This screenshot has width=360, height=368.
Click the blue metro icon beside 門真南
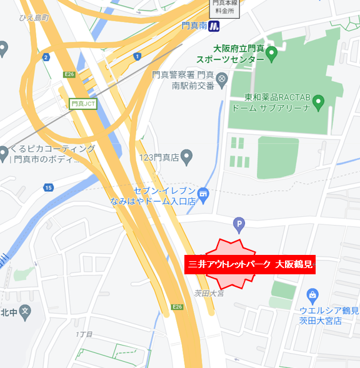(215, 26)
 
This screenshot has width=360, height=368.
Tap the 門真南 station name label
(194, 26)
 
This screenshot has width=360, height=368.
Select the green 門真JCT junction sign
(83, 104)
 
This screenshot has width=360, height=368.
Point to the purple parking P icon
(238, 224)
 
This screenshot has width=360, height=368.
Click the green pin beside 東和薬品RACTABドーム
(318, 101)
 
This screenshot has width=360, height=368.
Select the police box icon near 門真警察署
(221, 84)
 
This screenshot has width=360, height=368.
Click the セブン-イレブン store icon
(204, 196)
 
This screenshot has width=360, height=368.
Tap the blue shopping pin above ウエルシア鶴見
(313, 294)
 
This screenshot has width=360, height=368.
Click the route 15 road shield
(49, 187)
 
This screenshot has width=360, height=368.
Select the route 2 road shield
(46, 57)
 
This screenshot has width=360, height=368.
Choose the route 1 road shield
(137, 57)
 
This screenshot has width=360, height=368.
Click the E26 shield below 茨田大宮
(177, 307)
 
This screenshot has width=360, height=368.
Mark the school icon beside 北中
(24, 311)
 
